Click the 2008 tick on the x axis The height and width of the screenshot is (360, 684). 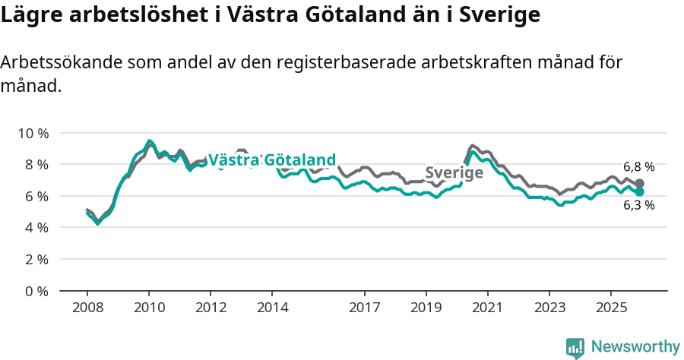(x=87, y=308)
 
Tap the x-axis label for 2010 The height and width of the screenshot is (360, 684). (x=149, y=308)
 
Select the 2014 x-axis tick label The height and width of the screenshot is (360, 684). (x=272, y=308)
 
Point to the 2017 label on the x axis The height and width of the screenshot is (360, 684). (x=364, y=308)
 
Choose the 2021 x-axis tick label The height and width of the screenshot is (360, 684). (x=487, y=308)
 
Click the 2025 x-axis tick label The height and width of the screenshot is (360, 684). (x=610, y=308)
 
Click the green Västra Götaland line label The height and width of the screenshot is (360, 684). (x=271, y=160)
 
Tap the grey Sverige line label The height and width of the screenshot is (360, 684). (x=454, y=173)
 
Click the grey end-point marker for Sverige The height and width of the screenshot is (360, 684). (x=640, y=184)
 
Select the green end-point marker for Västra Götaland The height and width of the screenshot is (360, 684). (x=640, y=192)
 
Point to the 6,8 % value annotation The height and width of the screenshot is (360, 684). (x=638, y=167)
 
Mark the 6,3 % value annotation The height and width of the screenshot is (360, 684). (x=638, y=205)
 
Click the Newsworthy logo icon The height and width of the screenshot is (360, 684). (x=575, y=348)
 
